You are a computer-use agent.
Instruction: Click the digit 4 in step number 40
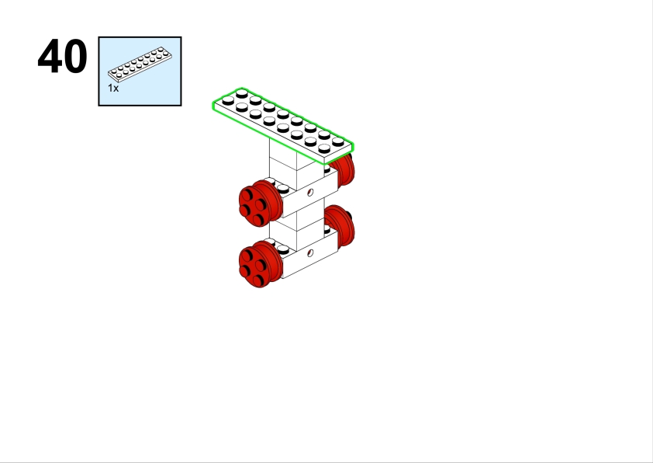(50, 56)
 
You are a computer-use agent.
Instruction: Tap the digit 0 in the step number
(75, 56)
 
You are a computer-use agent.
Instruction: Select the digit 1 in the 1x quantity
(110, 88)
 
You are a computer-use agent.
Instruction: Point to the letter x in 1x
(116, 89)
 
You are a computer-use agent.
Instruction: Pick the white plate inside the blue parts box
(140, 64)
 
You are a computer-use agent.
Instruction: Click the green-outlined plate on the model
(283, 125)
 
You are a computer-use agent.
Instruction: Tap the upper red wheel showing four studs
(261, 203)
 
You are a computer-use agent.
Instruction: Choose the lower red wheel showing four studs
(261, 264)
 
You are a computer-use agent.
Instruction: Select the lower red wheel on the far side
(340, 225)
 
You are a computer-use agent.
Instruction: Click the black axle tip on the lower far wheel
(349, 217)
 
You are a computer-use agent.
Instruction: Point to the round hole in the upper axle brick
(310, 193)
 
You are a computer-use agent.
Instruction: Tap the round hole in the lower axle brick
(310, 253)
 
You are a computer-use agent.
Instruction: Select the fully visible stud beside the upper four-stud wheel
(283, 189)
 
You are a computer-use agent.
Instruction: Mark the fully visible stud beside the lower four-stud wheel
(283, 249)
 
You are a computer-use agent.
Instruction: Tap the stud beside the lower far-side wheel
(327, 229)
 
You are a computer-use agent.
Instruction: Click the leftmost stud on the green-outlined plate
(228, 100)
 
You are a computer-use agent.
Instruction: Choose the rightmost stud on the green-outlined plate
(338, 141)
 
